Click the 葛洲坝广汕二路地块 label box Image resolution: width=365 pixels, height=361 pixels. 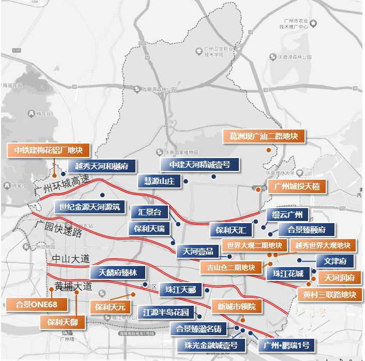264,136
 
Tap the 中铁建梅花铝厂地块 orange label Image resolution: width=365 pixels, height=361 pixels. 49,150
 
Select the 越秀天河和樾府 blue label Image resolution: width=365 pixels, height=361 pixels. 105,166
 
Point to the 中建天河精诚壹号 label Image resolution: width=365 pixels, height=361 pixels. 200,165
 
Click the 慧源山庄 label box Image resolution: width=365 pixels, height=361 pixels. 159,181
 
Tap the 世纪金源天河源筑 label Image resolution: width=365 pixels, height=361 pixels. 89,207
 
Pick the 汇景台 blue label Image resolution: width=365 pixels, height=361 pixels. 150,212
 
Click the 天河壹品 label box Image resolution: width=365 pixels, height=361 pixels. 197,252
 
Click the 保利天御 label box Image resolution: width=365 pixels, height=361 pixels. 63,322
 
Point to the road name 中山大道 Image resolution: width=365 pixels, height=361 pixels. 71,258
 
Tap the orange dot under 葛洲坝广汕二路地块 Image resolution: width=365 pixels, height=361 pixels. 269,150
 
